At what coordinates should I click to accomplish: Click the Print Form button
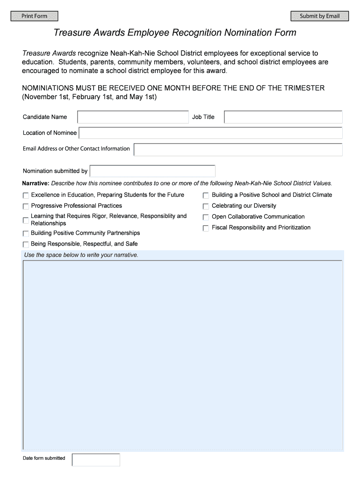(x=35, y=16)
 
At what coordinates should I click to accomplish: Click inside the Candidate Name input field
(x=133, y=117)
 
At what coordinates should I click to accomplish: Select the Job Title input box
(x=283, y=117)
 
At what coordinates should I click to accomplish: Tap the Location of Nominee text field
(x=210, y=133)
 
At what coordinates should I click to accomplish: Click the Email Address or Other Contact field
(x=238, y=149)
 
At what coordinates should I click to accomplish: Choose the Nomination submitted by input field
(x=152, y=171)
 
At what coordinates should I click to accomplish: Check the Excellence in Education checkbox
(x=26, y=196)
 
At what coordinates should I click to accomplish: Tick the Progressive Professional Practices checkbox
(x=26, y=206)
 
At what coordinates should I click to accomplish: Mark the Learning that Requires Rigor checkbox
(x=26, y=220)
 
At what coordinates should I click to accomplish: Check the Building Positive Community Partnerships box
(x=26, y=233)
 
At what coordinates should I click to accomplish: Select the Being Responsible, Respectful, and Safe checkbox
(x=26, y=244)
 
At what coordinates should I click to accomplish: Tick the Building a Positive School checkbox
(x=206, y=196)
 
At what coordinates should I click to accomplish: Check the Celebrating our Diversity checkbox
(x=206, y=206)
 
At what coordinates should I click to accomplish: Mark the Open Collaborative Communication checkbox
(x=206, y=217)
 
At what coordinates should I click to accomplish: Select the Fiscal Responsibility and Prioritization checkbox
(x=206, y=228)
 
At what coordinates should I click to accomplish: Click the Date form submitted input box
(x=96, y=460)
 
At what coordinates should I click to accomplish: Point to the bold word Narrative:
(x=36, y=183)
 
